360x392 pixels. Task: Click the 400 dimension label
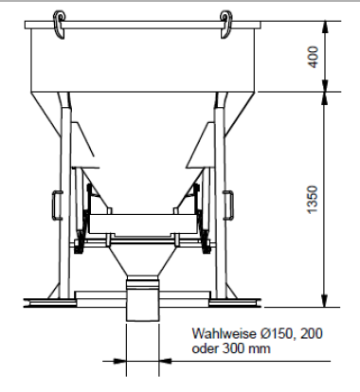coord(314,57)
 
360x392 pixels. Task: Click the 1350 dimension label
coord(313,200)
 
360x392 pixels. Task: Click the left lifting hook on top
coord(59,25)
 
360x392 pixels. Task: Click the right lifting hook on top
coord(225,25)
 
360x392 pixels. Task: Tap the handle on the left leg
coord(57,205)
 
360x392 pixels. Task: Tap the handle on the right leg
coord(228,205)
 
